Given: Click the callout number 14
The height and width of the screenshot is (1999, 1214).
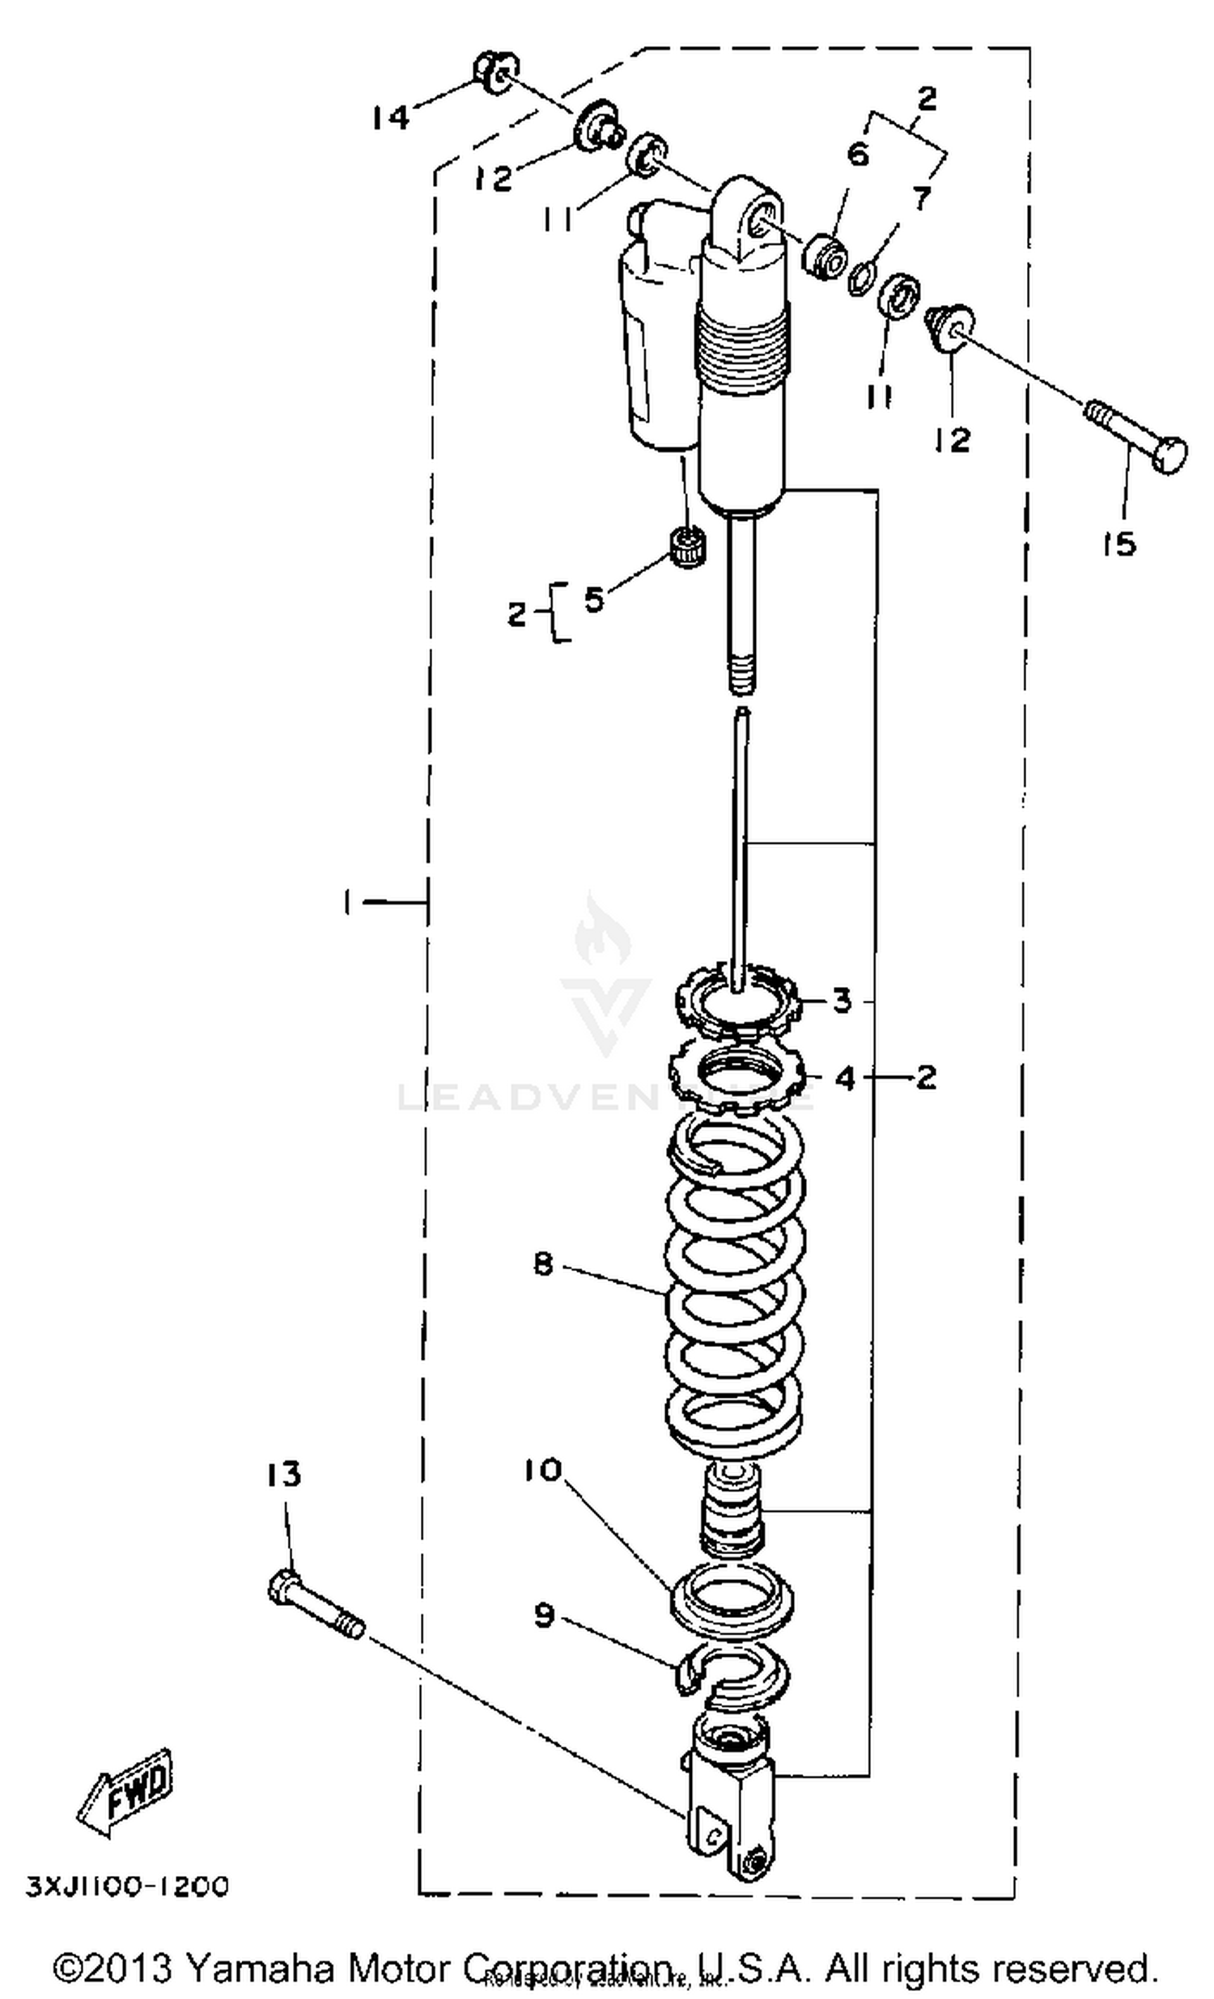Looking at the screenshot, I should (391, 119).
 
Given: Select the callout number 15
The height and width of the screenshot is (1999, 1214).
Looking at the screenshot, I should (1119, 544).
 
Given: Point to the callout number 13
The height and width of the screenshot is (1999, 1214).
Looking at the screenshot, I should (283, 1474).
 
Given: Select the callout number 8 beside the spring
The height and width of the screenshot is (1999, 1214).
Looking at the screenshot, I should (544, 1263).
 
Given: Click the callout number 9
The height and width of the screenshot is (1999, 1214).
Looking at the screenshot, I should (544, 1616).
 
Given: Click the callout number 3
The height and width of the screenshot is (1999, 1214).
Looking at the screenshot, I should (843, 1001).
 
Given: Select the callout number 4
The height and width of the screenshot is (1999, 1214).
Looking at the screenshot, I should (845, 1078).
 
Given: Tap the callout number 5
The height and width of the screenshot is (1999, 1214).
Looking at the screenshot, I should (594, 599).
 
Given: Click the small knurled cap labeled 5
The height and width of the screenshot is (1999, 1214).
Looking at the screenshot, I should (688, 547).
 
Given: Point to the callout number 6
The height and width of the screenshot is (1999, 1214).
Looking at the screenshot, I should (858, 154).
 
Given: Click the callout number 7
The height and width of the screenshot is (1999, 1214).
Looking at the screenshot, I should (920, 197).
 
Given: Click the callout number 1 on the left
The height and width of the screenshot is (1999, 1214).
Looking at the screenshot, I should (347, 901).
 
